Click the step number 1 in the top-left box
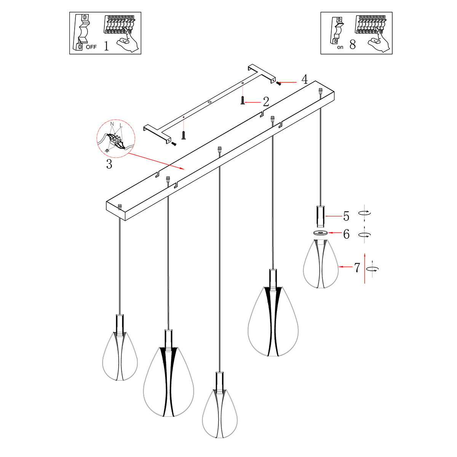tap(106, 46)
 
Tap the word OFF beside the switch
tap(91, 47)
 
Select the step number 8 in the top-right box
tap(352, 45)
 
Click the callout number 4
tap(304, 80)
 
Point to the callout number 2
tap(266, 102)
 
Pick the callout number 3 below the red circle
tap(109, 165)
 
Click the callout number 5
tap(346, 216)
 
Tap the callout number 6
tap(346, 234)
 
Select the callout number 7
tap(357, 268)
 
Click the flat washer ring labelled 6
tap(321, 233)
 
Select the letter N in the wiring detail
tap(112, 124)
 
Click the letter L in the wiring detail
tap(121, 125)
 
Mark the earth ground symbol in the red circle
tap(107, 150)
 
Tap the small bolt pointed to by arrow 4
tap(279, 83)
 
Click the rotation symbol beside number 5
tap(365, 214)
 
